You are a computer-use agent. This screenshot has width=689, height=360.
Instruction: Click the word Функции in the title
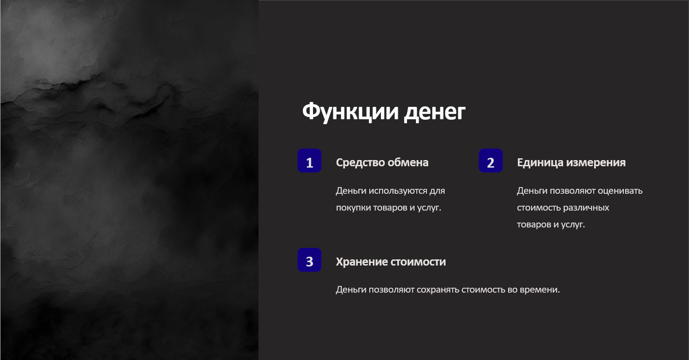click(x=350, y=112)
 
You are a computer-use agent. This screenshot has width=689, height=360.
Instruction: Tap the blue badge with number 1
click(x=309, y=160)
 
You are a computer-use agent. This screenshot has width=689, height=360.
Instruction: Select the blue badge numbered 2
click(x=491, y=160)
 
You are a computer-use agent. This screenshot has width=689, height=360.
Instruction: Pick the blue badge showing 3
click(x=309, y=260)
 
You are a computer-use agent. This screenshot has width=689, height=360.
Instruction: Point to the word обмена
click(x=408, y=162)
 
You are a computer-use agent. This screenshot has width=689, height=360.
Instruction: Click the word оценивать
click(x=620, y=191)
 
